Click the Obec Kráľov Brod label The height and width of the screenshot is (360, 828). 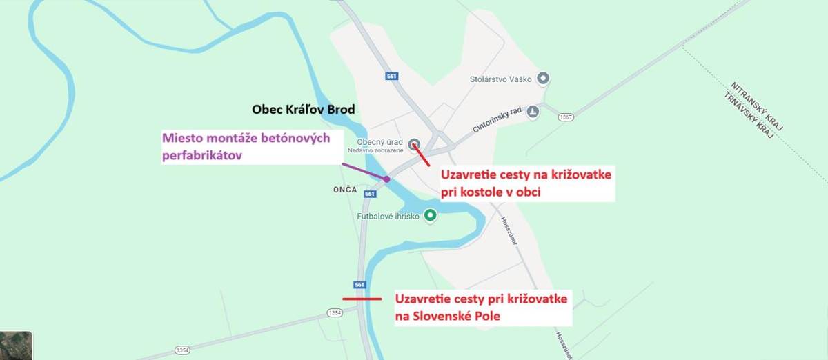(304, 110)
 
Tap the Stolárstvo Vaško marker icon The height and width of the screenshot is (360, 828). (543, 79)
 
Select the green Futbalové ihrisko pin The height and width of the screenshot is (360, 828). (431, 215)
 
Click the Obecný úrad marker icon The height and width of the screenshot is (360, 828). (414, 144)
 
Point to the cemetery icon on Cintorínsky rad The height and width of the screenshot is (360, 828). (532, 112)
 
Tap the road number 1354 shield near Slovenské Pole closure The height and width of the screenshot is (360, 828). (335, 313)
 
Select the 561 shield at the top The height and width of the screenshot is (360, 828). (393, 77)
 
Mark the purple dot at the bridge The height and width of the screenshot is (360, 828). (387, 179)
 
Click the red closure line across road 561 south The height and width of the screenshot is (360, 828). (362, 299)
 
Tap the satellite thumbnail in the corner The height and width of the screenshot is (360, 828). (16, 346)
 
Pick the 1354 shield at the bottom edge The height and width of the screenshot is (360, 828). (182, 350)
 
